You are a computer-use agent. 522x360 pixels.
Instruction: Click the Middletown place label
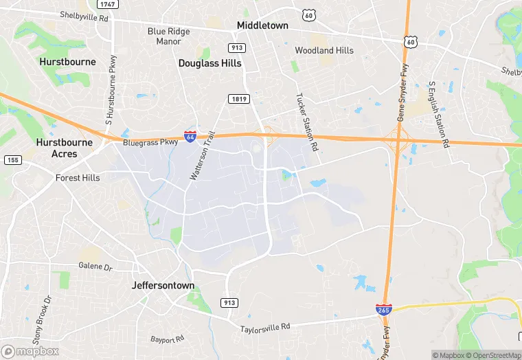tap(262, 25)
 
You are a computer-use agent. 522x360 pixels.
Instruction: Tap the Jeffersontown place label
tap(163, 285)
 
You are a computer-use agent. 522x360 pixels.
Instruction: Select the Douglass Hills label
tap(210, 63)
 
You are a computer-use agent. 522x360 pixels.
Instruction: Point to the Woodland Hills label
tap(324, 50)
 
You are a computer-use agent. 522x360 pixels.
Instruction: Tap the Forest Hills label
tap(78, 178)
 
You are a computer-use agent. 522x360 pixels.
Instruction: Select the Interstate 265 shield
tap(383, 311)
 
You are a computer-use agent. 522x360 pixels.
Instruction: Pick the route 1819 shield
tap(238, 100)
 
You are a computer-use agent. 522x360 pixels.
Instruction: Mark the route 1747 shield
tap(106, 4)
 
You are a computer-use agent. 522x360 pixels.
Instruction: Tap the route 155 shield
tap(12, 160)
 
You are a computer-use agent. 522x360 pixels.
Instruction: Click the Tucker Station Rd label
tap(306, 123)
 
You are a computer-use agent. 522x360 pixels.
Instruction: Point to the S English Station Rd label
tap(438, 115)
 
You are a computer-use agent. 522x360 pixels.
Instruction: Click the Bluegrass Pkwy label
tap(150, 144)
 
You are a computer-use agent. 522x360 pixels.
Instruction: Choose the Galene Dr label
tap(95, 266)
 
